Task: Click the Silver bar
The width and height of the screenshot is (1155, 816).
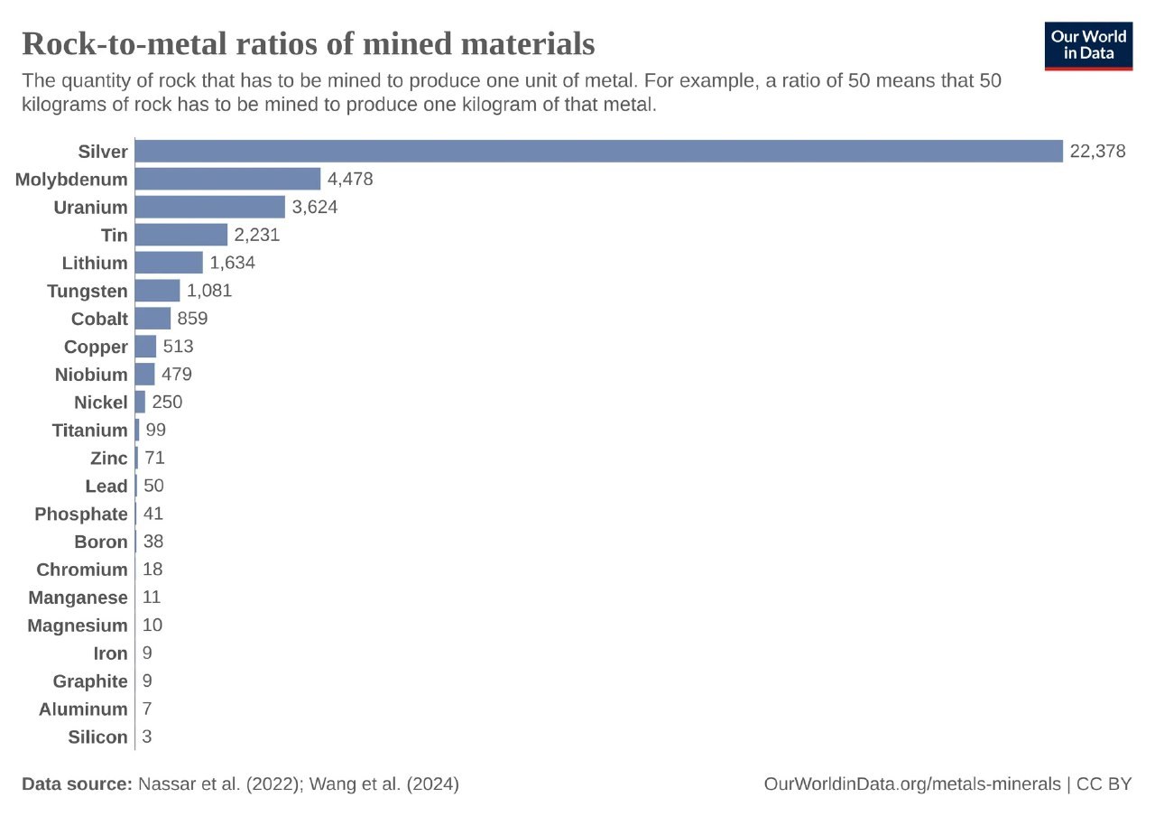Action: (598, 152)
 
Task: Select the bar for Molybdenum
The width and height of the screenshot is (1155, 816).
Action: (227, 179)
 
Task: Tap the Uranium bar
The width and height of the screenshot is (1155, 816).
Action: (209, 207)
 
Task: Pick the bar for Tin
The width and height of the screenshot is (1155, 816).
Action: (180, 235)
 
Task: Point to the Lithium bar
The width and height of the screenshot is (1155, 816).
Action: (169, 263)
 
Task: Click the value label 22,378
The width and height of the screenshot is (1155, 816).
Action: (1097, 152)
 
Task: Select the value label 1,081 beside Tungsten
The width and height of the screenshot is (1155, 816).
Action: (209, 291)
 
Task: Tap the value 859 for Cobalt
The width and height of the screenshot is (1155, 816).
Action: (193, 319)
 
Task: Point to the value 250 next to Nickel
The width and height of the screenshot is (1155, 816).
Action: (167, 402)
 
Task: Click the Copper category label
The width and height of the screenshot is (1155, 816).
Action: (96, 347)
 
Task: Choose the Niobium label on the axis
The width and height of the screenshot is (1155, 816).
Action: (91, 375)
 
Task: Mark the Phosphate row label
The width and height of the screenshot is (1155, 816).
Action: (81, 514)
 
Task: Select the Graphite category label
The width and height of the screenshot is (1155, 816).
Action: (90, 681)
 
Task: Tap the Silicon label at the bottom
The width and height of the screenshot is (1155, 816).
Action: (97, 737)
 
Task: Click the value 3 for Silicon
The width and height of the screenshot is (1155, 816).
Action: (147, 737)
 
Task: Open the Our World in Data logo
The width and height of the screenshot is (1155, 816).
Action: (1088, 45)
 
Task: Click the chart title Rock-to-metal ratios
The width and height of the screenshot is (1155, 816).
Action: (308, 43)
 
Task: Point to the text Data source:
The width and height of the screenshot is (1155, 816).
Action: (77, 784)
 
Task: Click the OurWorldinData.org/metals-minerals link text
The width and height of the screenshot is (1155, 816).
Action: (912, 784)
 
